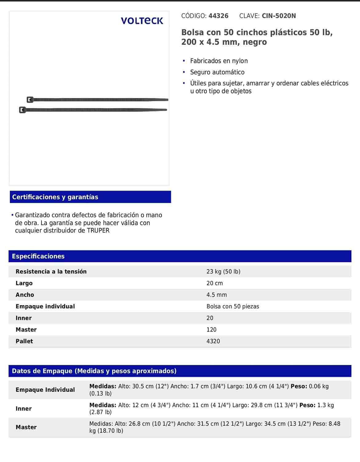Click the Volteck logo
(142, 21)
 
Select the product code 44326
(218, 16)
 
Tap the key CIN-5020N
(279, 16)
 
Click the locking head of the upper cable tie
(30, 99)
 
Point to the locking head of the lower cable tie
(22, 110)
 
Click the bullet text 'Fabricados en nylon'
(219, 61)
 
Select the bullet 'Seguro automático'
(217, 72)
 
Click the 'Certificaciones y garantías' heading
(55, 197)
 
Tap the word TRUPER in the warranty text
(98, 230)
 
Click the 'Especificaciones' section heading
(38, 256)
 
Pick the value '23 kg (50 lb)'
(223, 271)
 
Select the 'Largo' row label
(24, 283)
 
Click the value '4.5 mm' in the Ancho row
(217, 295)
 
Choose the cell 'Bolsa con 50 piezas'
(233, 306)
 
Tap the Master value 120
(211, 330)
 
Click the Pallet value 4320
(213, 341)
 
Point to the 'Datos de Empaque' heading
(94, 371)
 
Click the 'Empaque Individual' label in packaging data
(45, 390)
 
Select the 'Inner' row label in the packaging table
(24, 409)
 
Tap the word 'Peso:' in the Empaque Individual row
(299, 386)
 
